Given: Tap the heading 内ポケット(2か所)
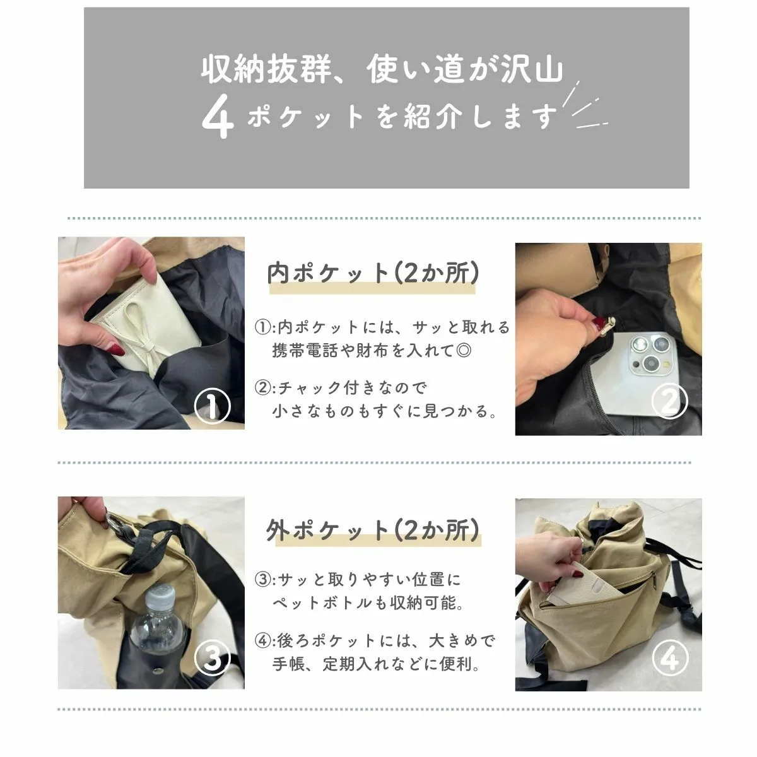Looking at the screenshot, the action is point(373,273).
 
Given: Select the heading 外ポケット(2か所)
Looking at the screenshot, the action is point(373,531).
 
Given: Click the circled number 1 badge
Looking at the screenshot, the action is point(212,406).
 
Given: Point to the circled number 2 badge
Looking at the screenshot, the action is point(669,401).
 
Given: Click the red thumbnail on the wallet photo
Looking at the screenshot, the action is point(117,348).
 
